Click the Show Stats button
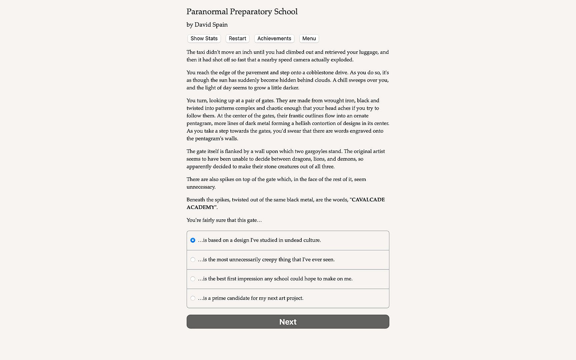204,39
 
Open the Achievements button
274,39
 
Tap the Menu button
309,39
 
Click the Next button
288,322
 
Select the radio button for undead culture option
193,240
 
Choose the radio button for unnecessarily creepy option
193,260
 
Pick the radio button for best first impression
193,279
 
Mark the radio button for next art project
193,298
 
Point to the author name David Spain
211,25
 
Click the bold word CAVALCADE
368,200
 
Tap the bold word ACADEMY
201,207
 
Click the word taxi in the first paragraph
202,52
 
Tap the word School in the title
286,12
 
